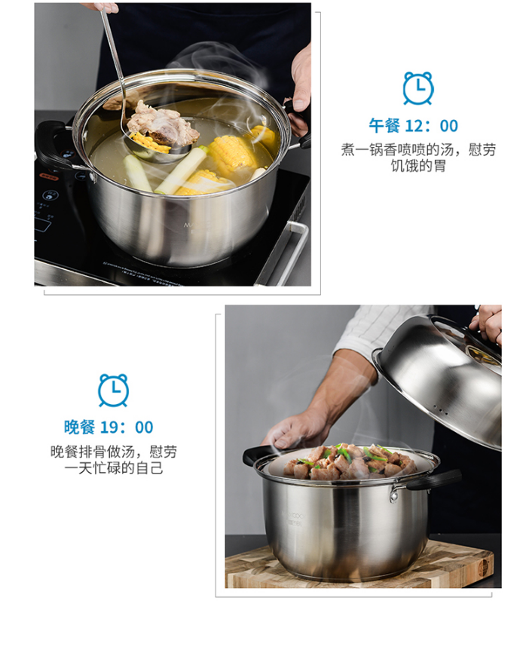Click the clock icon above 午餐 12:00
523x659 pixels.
418,88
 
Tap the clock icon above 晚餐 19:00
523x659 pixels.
113,390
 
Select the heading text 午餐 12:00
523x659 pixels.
414,126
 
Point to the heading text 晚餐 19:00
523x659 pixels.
109,428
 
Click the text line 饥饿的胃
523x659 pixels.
418,166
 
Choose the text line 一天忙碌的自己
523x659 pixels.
114,467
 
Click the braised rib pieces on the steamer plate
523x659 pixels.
349,462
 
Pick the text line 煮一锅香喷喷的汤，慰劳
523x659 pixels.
418,149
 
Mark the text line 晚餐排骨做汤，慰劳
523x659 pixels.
114,452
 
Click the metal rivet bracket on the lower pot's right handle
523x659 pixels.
395,492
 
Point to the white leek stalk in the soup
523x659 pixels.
182,170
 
